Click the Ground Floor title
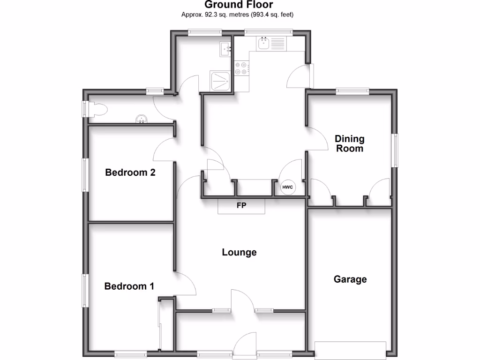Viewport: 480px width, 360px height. tap(239, 5)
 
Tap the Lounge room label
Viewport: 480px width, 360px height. tap(239, 252)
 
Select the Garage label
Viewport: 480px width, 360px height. tap(350, 279)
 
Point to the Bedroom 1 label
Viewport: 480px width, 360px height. tap(129, 286)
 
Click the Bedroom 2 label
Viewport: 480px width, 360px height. tap(130, 172)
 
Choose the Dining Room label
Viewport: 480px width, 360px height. tap(350, 143)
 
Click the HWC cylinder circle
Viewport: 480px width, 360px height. tap(287, 188)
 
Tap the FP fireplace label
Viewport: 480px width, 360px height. tap(241, 205)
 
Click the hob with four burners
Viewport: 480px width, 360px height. tap(241, 68)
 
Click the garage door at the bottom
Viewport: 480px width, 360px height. tap(351, 350)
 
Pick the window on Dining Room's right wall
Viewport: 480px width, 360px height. tap(396, 150)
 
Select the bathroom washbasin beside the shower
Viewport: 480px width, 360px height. tap(225, 48)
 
